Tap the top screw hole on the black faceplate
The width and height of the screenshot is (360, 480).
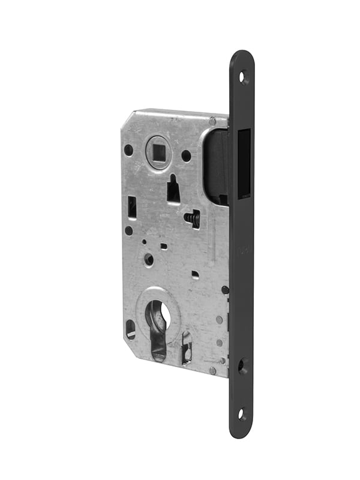243,77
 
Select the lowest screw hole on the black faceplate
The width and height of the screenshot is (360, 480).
241,413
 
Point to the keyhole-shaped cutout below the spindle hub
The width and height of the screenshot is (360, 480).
173,190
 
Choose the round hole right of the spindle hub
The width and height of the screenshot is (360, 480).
187,155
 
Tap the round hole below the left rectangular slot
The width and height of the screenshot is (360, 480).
129,230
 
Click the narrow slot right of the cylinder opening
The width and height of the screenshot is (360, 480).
187,347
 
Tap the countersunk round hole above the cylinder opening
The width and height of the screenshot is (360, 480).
149,260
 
